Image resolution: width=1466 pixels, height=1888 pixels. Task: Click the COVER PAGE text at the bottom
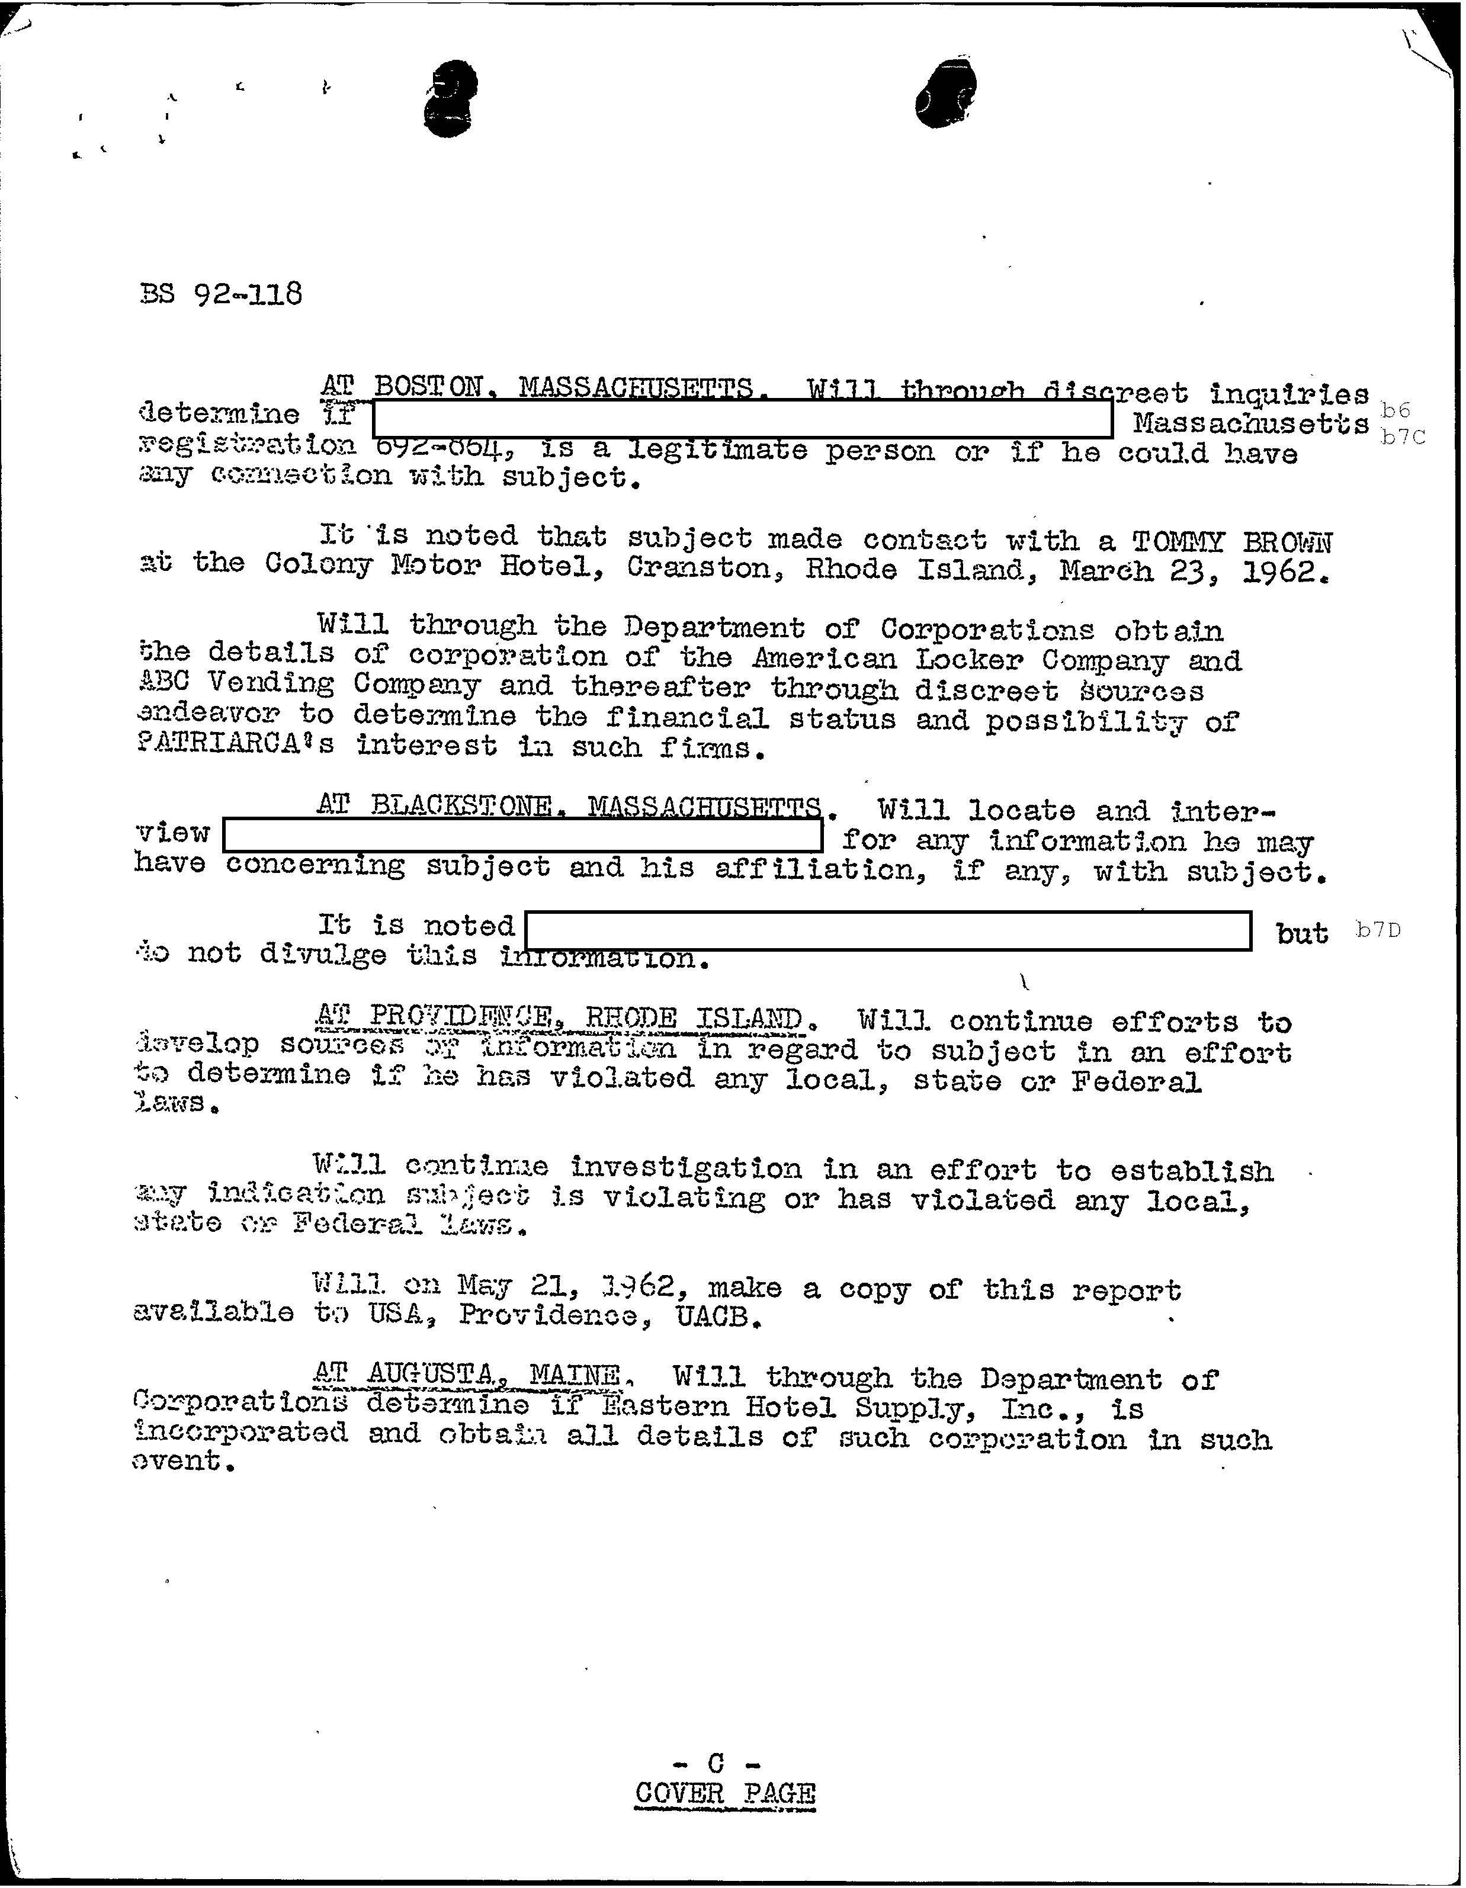pyautogui.click(x=724, y=1793)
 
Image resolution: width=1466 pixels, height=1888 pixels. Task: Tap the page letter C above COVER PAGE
pyautogui.click(x=715, y=1762)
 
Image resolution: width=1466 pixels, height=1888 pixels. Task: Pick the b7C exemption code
pyautogui.click(x=1401, y=436)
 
